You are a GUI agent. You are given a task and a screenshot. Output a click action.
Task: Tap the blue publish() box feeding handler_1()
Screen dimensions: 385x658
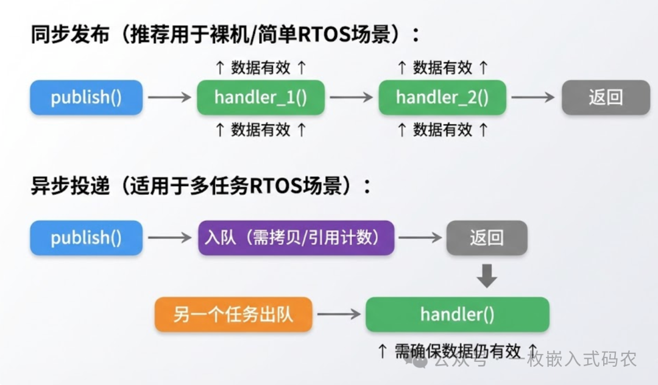click(x=87, y=97)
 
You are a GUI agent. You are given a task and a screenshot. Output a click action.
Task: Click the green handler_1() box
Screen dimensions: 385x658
click(x=260, y=97)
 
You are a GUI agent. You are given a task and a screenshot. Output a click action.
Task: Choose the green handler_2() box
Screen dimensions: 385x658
click(x=442, y=97)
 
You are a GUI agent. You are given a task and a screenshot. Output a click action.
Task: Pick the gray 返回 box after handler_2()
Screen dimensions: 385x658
click(x=606, y=97)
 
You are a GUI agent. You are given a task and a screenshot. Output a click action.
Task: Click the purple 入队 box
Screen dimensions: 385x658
click(x=296, y=238)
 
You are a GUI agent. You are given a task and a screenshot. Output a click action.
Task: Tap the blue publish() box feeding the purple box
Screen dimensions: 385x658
click(x=87, y=238)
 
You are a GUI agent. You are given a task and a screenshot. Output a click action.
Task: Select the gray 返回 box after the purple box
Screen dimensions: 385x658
click(x=487, y=238)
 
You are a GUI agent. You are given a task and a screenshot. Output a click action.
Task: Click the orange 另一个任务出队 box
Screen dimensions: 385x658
click(x=233, y=314)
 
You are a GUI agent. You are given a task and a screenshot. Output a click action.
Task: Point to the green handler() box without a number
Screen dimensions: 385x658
click(x=457, y=314)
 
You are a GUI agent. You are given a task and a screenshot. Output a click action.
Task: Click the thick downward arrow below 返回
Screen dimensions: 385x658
click(x=487, y=276)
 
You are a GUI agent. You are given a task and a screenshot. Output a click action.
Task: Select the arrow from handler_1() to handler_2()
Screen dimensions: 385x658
click(x=351, y=97)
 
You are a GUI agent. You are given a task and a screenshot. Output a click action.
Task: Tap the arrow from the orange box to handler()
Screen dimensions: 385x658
click(x=339, y=314)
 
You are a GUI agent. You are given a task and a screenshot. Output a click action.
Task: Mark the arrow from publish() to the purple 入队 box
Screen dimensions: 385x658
click(x=170, y=238)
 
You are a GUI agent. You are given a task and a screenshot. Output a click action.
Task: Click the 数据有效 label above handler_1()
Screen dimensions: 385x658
click(x=260, y=68)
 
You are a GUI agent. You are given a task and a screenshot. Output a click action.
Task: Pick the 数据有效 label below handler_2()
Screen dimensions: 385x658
click(x=442, y=129)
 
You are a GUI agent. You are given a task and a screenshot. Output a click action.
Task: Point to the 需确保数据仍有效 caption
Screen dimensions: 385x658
click(x=457, y=351)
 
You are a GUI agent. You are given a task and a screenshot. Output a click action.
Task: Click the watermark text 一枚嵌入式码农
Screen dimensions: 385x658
click(x=582, y=359)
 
